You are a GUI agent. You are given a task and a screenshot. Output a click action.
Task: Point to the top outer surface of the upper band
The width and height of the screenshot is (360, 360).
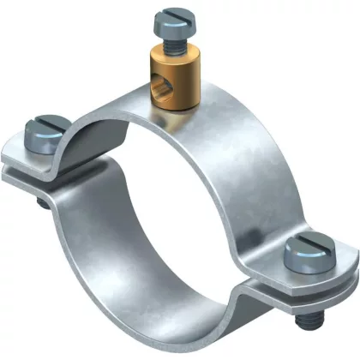(214, 129)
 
